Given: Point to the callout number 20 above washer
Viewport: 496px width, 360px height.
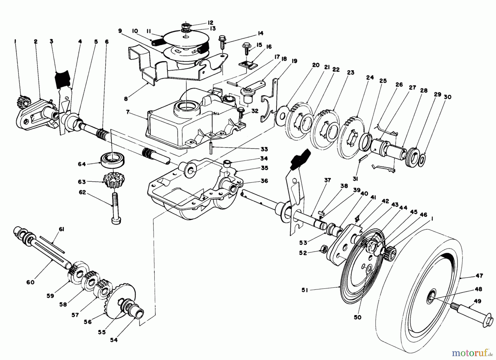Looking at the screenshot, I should click(316, 65).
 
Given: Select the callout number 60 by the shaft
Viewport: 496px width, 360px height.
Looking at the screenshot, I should click(30, 282).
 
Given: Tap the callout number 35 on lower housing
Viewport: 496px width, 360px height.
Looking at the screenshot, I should click(265, 168).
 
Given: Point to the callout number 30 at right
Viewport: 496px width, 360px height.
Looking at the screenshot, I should click(448, 97).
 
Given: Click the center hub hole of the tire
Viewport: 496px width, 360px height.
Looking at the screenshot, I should click(431, 297).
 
